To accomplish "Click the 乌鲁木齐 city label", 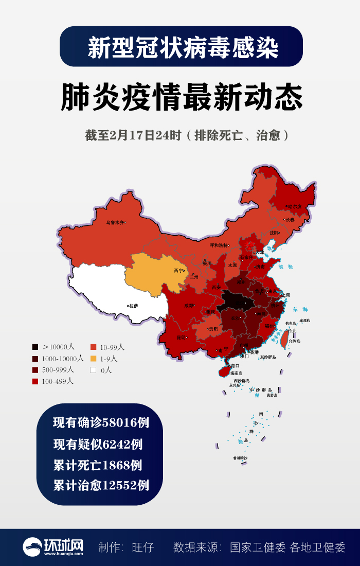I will tap(115, 223).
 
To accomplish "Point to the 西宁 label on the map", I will tap(178, 270).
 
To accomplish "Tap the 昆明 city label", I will tap(182, 338).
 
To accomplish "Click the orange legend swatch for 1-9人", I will tap(93, 359).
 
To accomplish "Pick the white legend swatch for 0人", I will tap(93, 370).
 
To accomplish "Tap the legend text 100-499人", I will tap(58, 381).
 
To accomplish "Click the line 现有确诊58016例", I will tap(101, 423).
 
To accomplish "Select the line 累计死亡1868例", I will tap(98, 465).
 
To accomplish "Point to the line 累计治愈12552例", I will tap(101, 485).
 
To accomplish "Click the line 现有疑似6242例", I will tap(98, 444).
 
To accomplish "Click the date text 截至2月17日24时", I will tap(133, 135).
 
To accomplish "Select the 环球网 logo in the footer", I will tap(53, 547).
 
